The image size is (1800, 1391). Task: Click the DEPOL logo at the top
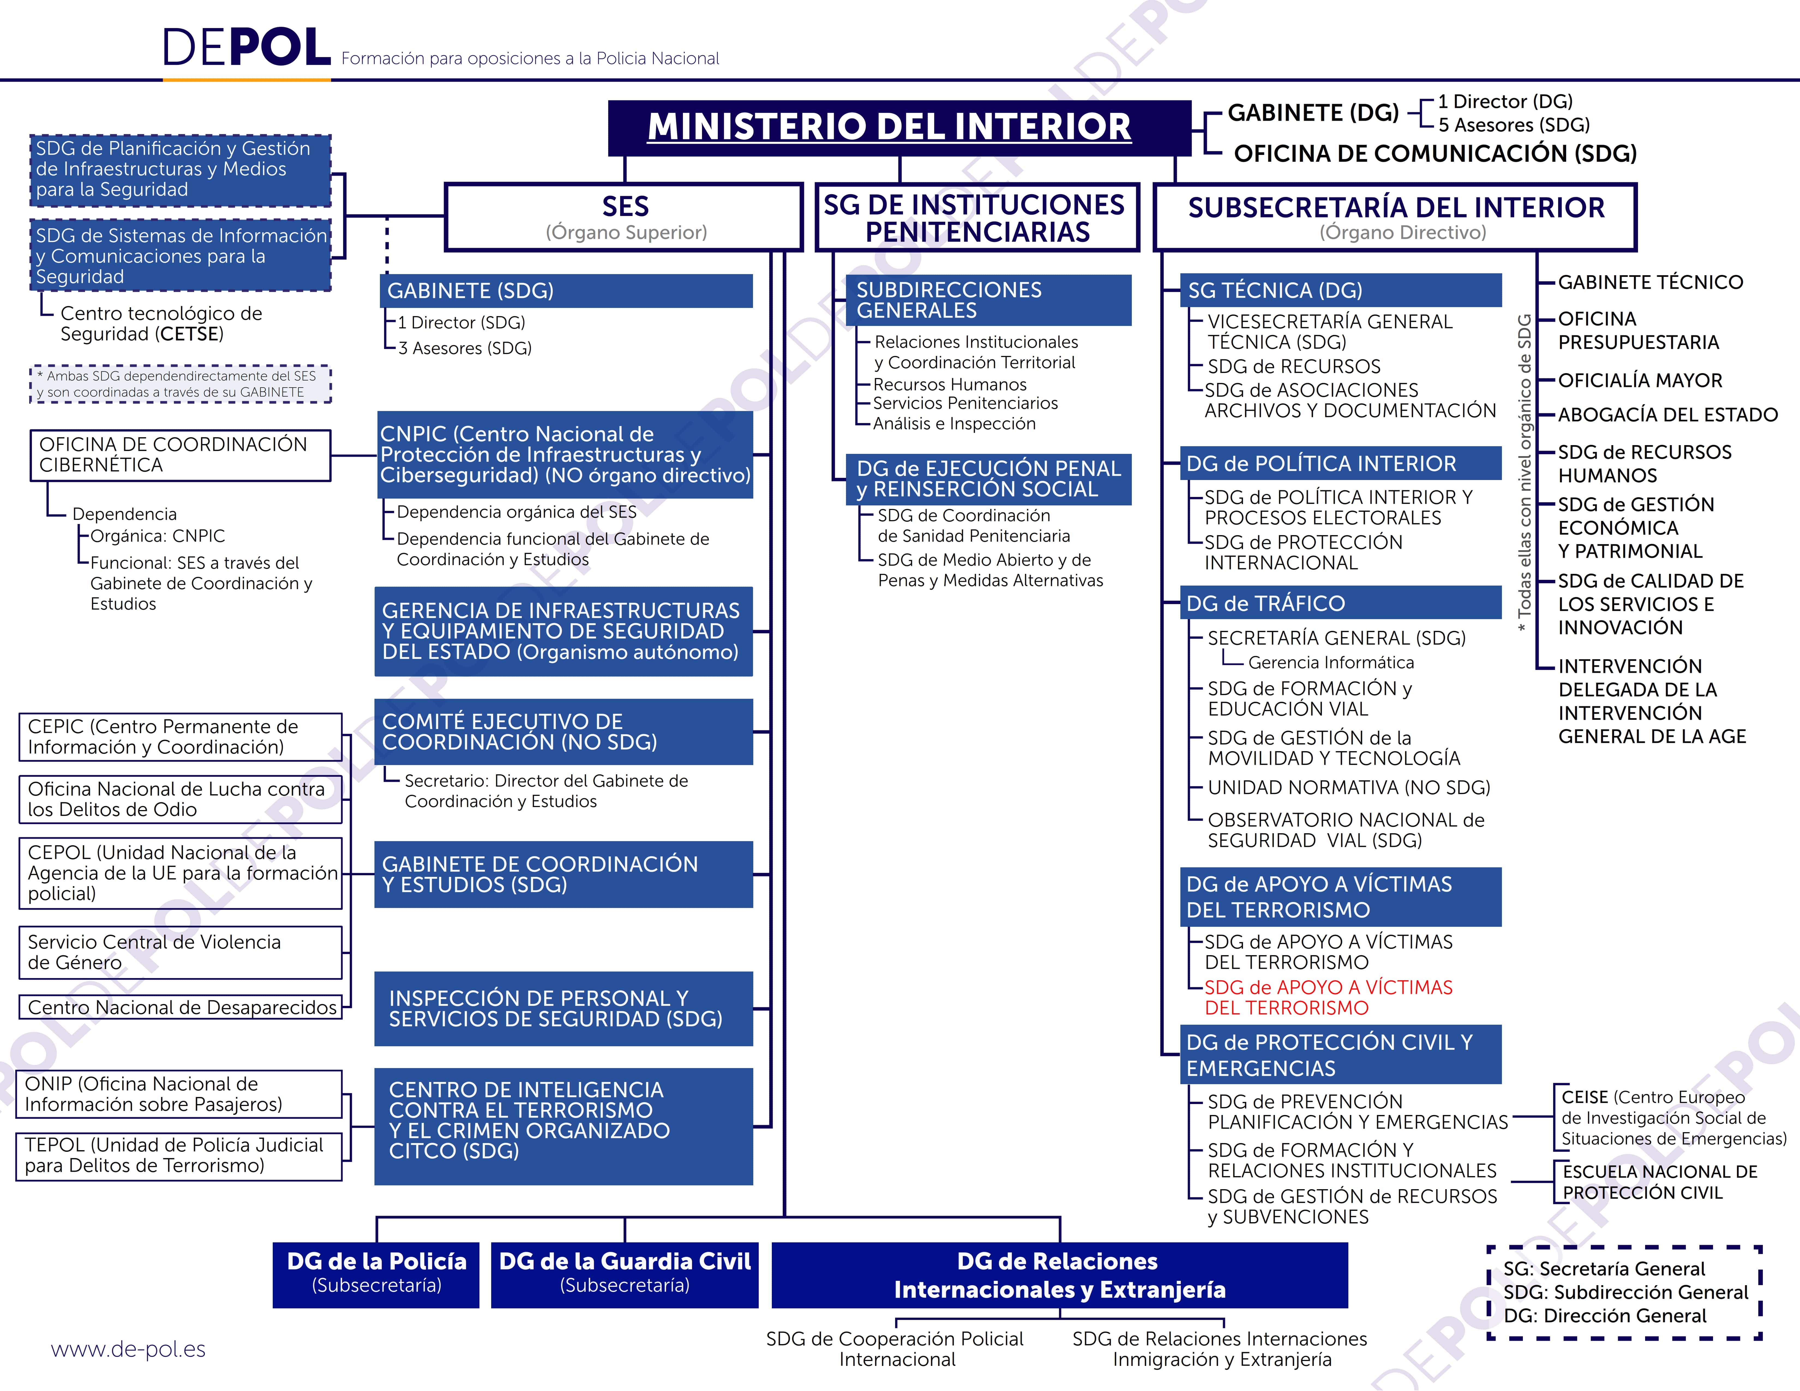tap(247, 48)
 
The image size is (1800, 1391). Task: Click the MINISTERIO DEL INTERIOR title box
tap(899, 128)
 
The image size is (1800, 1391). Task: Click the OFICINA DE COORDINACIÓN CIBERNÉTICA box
tap(181, 455)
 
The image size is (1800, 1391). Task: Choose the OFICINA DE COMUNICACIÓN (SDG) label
tap(1435, 153)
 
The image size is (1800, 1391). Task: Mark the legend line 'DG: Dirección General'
tap(1605, 1316)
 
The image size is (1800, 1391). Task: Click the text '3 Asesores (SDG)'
tap(465, 348)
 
